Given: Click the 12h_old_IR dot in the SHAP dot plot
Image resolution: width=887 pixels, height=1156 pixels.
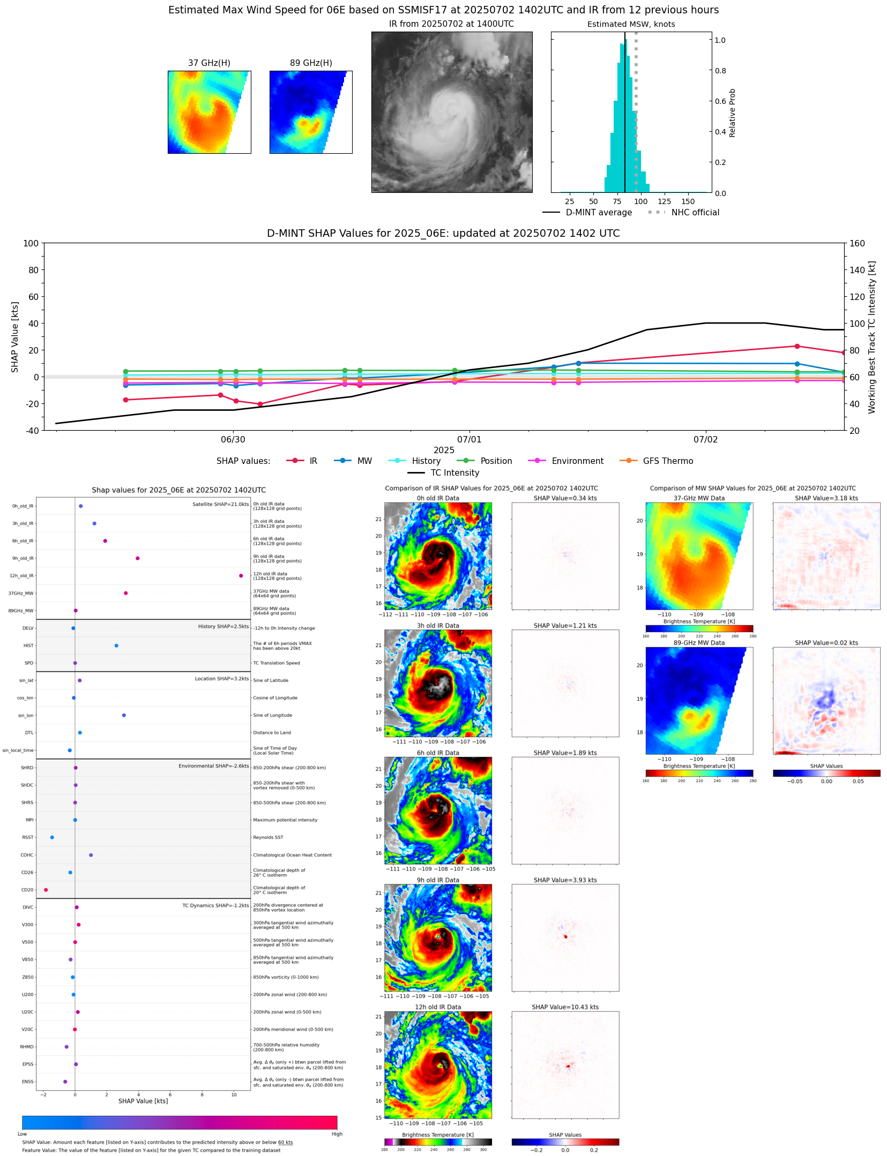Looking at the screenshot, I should [x=241, y=575].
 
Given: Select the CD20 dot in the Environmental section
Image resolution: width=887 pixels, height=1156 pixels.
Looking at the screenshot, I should [x=46, y=890].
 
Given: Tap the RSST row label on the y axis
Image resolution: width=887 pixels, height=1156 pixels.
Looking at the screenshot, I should [x=27, y=837].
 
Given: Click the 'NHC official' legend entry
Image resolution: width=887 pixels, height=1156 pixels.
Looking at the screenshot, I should [x=695, y=212].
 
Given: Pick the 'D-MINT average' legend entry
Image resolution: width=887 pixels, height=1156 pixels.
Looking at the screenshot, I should [x=599, y=212].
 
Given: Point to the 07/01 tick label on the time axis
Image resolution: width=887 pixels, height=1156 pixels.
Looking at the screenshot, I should [x=469, y=439].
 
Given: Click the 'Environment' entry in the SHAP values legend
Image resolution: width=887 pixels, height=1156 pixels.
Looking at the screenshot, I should [x=577, y=461].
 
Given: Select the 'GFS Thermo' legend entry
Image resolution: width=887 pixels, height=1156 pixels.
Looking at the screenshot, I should [x=668, y=461].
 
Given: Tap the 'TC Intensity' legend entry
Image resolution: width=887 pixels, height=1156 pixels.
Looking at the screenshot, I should [x=454, y=472].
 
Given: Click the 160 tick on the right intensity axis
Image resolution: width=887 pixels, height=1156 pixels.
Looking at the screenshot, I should [x=857, y=243].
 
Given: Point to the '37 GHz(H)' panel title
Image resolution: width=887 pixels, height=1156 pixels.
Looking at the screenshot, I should [x=209, y=63].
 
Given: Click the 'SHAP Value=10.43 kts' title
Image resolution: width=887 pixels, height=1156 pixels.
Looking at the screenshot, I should [x=565, y=1007].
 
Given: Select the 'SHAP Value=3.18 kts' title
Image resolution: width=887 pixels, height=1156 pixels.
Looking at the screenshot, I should [x=826, y=498].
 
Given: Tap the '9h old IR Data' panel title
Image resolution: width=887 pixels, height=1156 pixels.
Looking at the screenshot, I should [x=438, y=880].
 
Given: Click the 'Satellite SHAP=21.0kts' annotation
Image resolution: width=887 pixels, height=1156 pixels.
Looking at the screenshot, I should [x=220, y=504].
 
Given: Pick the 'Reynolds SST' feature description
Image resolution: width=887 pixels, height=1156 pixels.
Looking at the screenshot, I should [x=268, y=837].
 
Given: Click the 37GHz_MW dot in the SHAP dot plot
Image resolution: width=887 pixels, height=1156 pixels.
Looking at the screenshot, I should [x=125, y=593].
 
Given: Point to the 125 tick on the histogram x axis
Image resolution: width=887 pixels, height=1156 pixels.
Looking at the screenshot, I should [x=664, y=201].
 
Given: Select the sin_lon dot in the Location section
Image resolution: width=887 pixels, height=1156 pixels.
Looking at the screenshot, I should [x=124, y=715].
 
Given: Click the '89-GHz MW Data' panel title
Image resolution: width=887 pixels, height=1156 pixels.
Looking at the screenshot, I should [x=699, y=643].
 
